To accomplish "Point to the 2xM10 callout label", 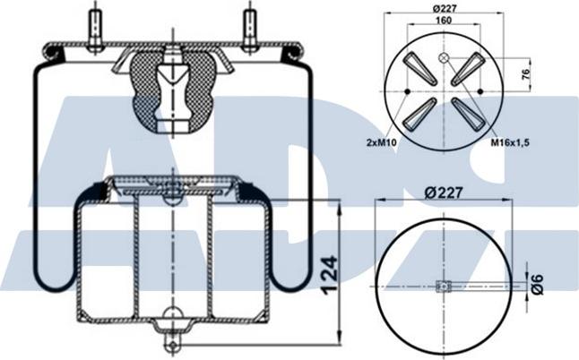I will coord(384,142).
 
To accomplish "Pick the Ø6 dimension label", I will coord(535,286).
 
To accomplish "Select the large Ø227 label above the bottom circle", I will coord(444,191).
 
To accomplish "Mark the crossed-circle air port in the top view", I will coord(444,60).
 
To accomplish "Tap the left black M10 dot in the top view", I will coord(407,91).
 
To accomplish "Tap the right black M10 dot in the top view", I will coord(480,91).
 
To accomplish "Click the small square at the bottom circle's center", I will coord(442,287).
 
